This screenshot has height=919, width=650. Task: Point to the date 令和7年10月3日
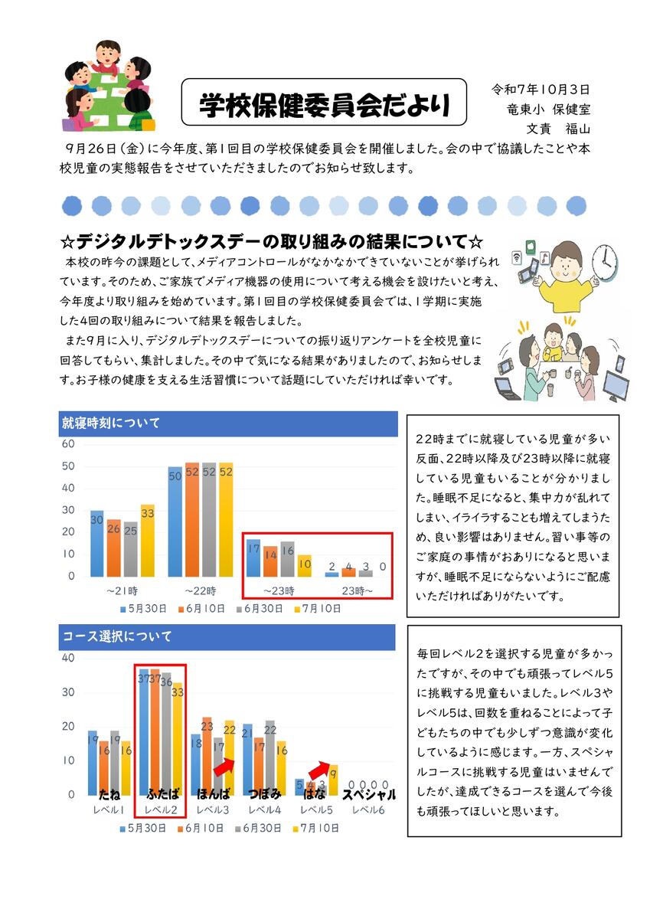pyautogui.click(x=540, y=90)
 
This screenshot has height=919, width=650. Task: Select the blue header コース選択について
pyautogui.click(x=117, y=636)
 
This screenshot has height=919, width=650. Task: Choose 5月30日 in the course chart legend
pyautogui.click(x=144, y=828)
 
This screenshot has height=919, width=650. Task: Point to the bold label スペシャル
pyautogui.click(x=369, y=794)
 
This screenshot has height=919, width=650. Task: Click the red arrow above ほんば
pyautogui.click(x=224, y=766)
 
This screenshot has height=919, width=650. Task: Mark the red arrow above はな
pyautogui.click(x=319, y=770)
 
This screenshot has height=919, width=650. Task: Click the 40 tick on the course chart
pyautogui.click(x=67, y=658)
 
